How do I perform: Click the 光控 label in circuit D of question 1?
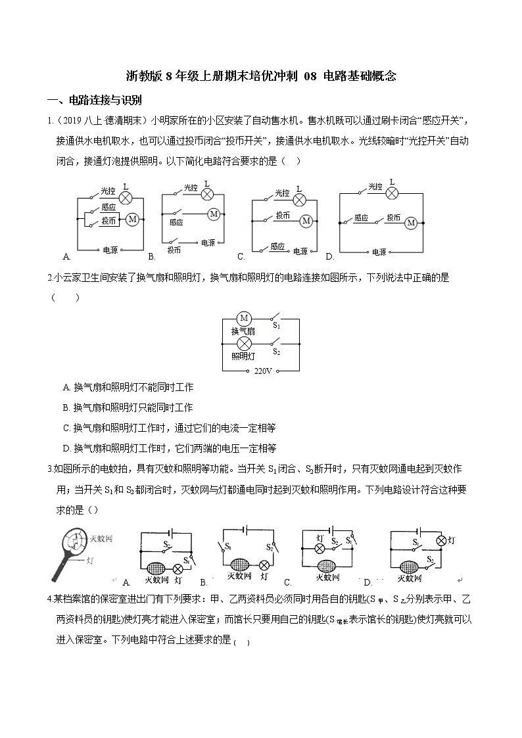coord(375,188)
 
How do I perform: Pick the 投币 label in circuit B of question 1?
coord(174,250)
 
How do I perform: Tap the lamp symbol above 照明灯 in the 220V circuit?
coord(243,343)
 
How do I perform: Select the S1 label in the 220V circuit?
coord(277,325)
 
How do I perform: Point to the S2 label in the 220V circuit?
coord(277,352)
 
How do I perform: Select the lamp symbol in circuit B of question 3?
coord(264,564)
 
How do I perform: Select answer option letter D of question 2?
coord(66,448)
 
